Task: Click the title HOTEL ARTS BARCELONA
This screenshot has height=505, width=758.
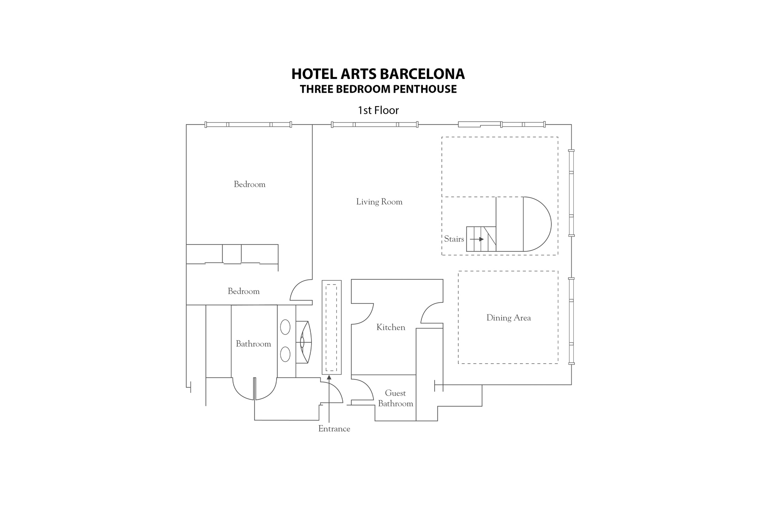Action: coord(378,74)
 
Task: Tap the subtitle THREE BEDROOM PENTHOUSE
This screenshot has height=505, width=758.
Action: coord(378,89)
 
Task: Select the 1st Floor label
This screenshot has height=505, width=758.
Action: coord(378,110)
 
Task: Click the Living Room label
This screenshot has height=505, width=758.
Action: coord(379,202)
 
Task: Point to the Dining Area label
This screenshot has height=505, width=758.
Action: coord(508,318)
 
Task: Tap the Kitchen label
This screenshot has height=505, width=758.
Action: coord(391,327)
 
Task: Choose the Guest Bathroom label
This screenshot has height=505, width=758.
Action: coord(396,398)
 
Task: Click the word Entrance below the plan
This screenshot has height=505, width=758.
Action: coord(334,429)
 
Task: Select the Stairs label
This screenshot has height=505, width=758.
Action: coord(454,239)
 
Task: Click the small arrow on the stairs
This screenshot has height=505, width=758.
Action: coord(477,239)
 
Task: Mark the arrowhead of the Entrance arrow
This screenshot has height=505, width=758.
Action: coord(329,378)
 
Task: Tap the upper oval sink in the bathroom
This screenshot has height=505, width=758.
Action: coord(285,327)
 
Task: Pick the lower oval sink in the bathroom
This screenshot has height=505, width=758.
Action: coord(285,354)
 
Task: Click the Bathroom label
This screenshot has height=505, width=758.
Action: coord(253,344)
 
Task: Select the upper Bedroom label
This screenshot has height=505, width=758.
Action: coord(250,184)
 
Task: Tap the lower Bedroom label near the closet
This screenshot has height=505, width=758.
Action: coord(244,292)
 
